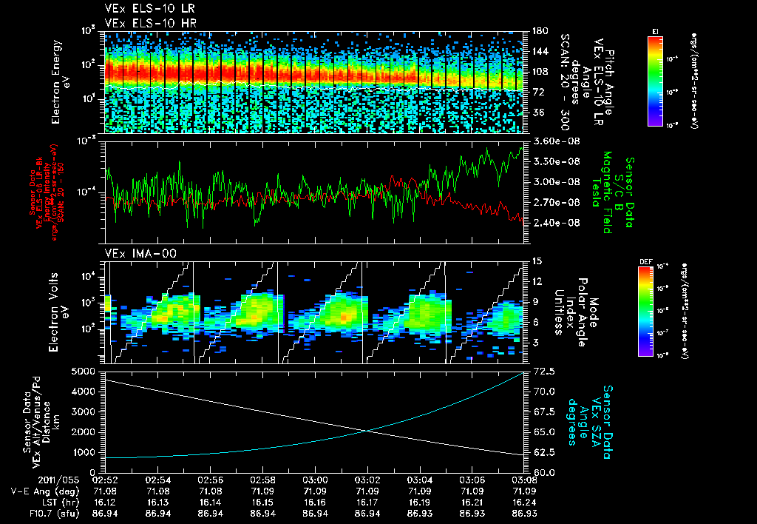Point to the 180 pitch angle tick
(x=537, y=31)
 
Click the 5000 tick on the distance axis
(x=87, y=370)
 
